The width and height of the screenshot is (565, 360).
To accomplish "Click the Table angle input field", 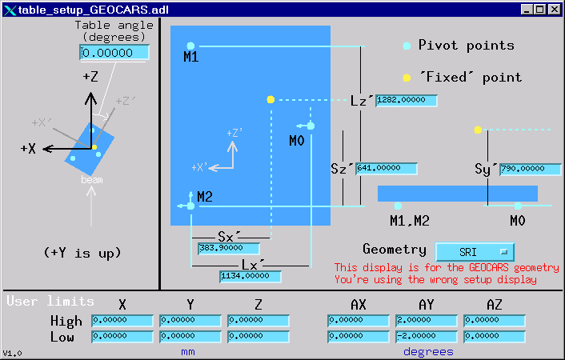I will (114, 52).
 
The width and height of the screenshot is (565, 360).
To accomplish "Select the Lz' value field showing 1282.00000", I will (407, 101).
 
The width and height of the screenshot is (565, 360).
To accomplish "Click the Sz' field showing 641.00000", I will (387, 169).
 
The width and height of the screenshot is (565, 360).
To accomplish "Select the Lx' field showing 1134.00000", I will (250, 277).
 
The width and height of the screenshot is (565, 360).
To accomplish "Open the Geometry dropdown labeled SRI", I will (475, 251).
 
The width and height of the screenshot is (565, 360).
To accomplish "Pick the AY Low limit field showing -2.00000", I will (427, 337).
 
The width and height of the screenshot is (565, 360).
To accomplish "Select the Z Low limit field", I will (258, 337).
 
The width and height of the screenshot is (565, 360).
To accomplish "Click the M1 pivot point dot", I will (190, 46).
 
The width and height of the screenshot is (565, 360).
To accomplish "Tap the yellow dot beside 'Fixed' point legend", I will (407, 78).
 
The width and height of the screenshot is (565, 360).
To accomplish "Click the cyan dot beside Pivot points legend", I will (407, 46).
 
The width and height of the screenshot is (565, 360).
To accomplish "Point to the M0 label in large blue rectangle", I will (297, 141).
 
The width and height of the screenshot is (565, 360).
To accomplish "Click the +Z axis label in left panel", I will (90, 77).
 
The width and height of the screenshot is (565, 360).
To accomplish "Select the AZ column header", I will (495, 305).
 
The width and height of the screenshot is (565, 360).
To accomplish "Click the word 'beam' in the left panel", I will (92, 181).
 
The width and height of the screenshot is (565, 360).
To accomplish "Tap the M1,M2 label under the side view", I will (410, 220).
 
